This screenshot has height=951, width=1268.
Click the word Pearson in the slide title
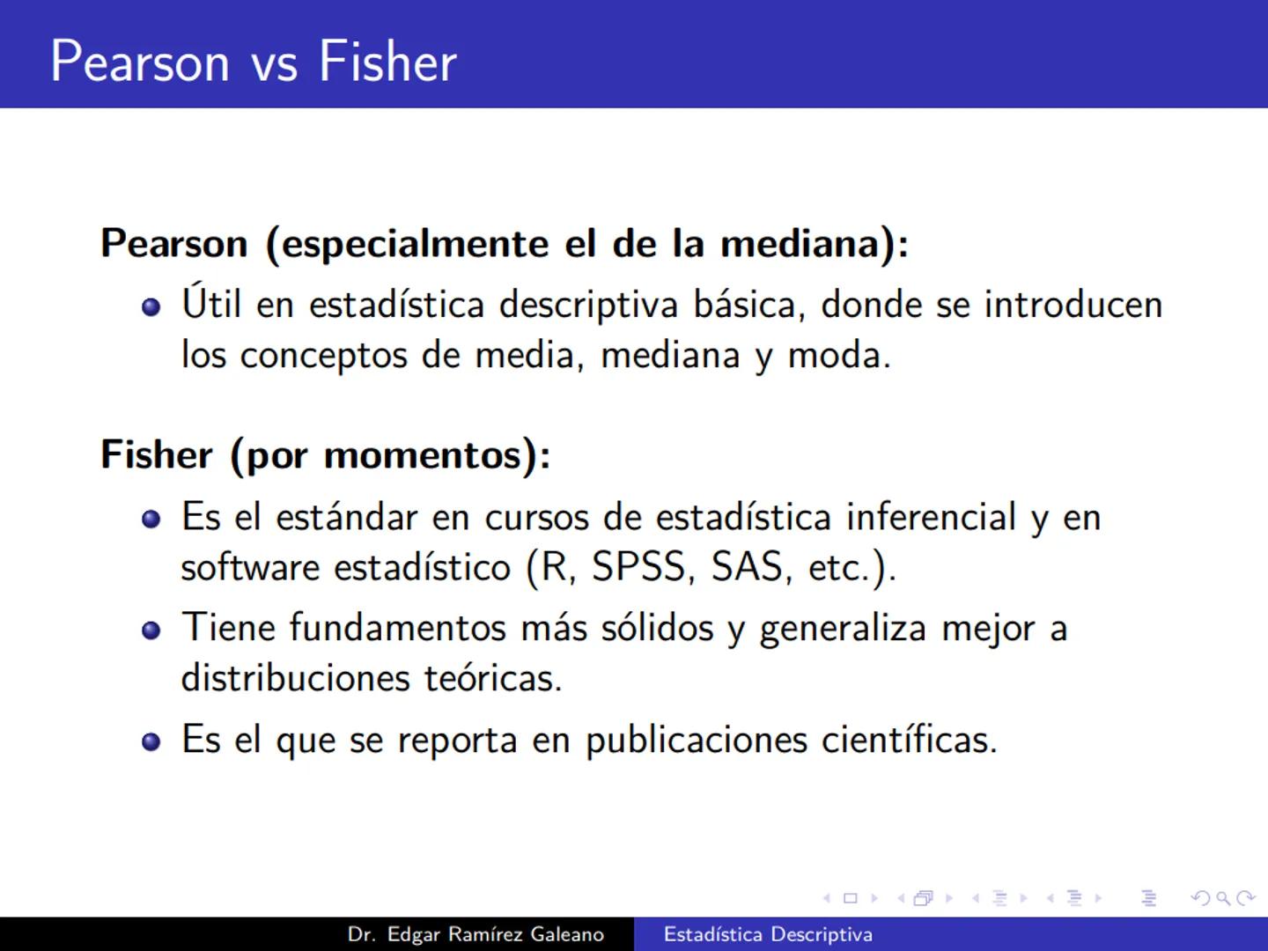pos(140,62)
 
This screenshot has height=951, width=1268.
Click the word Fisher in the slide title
pos(387,62)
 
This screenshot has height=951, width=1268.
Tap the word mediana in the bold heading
pos(800,244)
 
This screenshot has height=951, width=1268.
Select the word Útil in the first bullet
pos(211,304)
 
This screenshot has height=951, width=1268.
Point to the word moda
pos(837,356)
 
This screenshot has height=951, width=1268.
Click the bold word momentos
pos(423,455)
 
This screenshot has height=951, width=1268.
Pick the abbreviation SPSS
pos(638,567)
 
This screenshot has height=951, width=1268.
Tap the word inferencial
pos(931,517)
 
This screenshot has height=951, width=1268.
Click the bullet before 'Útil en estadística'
pos(151,307)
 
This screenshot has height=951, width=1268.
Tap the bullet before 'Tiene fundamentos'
pos(151,630)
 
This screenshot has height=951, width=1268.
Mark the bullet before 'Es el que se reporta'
pos(151,741)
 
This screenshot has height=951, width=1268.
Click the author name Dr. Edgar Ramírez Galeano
pos(475,934)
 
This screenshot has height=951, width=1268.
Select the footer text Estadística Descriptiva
pos(768,934)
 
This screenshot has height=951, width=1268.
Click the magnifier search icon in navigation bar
pos(1222,898)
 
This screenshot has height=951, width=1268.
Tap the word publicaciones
pos(696,740)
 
